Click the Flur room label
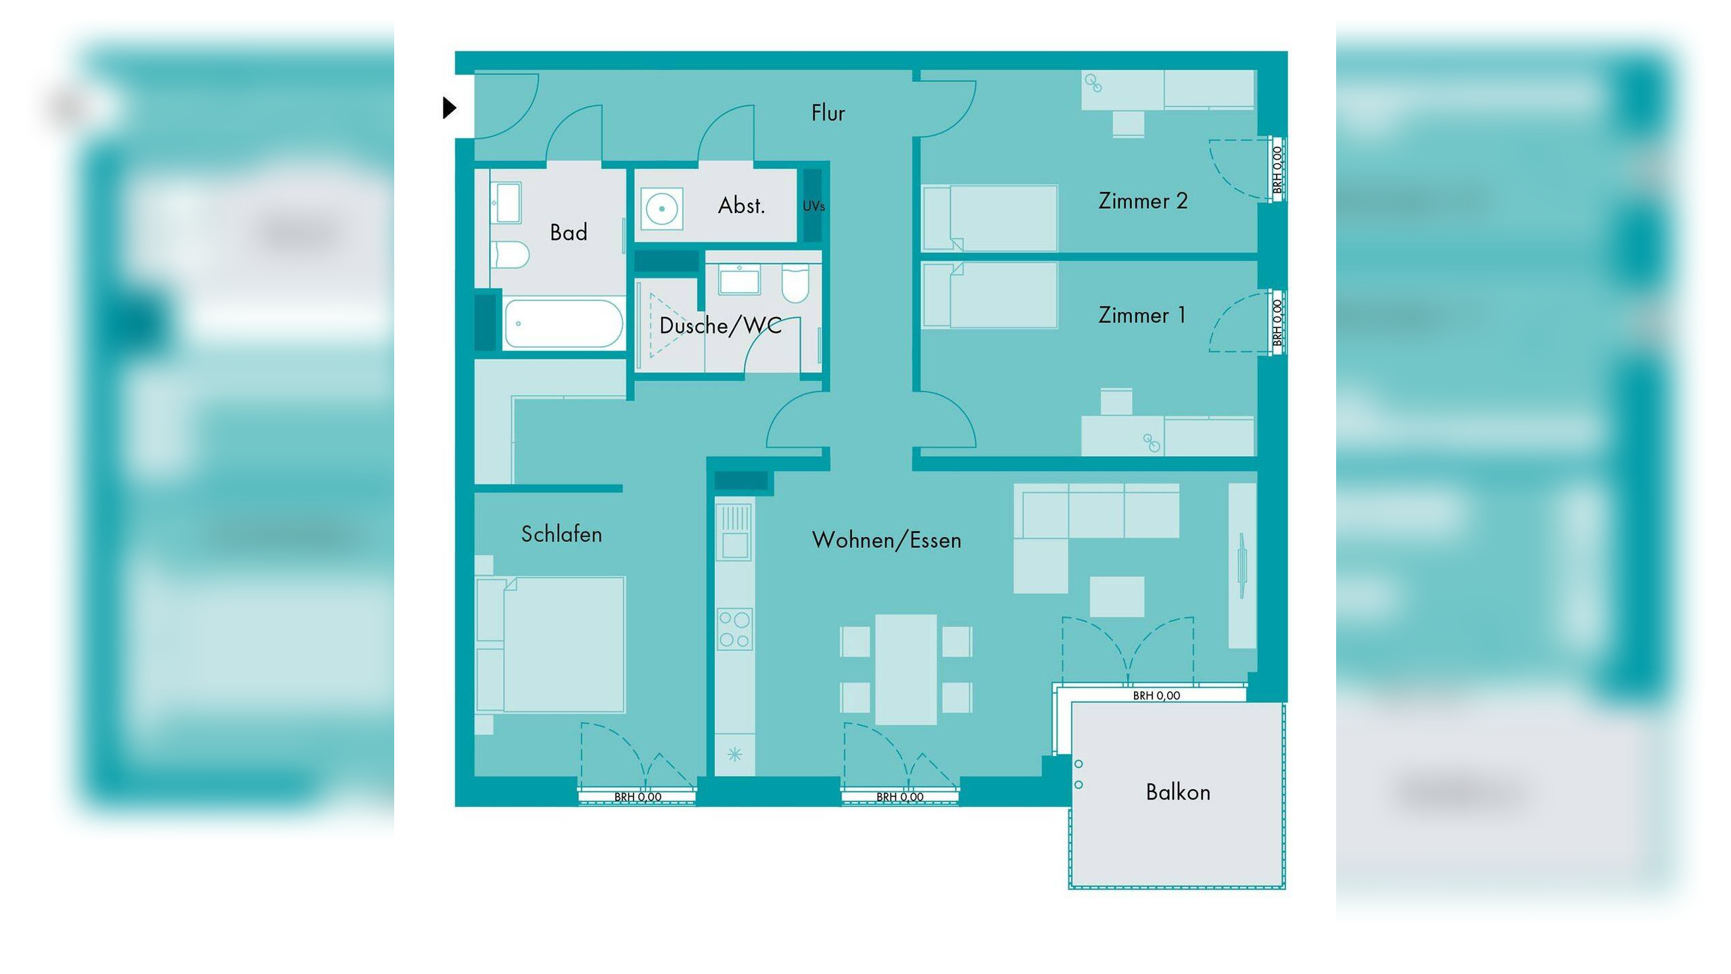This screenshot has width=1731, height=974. click(x=828, y=113)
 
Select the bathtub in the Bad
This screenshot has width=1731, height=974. click(x=563, y=324)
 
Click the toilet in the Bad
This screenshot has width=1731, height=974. click(x=511, y=254)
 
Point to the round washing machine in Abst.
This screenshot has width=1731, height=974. click(x=661, y=209)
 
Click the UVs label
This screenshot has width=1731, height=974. click(x=813, y=206)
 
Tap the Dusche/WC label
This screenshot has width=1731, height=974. click(x=720, y=326)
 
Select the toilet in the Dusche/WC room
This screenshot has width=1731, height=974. click(x=795, y=285)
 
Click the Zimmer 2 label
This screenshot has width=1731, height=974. click(x=1143, y=201)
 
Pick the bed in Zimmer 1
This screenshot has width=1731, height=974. click(x=991, y=296)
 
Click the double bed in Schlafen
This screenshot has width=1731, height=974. click(x=551, y=644)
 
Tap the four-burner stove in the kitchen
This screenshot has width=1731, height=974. click(x=734, y=630)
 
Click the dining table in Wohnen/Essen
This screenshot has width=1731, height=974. click(x=905, y=669)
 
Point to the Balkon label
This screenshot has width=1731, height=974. click(x=1178, y=792)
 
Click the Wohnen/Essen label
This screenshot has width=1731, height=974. click(x=886, y=540)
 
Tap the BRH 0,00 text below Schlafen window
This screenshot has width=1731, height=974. click(x=638, y=797)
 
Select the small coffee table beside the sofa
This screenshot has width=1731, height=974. click(x=1116, y=597)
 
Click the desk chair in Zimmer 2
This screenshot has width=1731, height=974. click(x=1129, y=124)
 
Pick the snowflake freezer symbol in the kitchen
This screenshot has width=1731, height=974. click(x=735, y=754)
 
